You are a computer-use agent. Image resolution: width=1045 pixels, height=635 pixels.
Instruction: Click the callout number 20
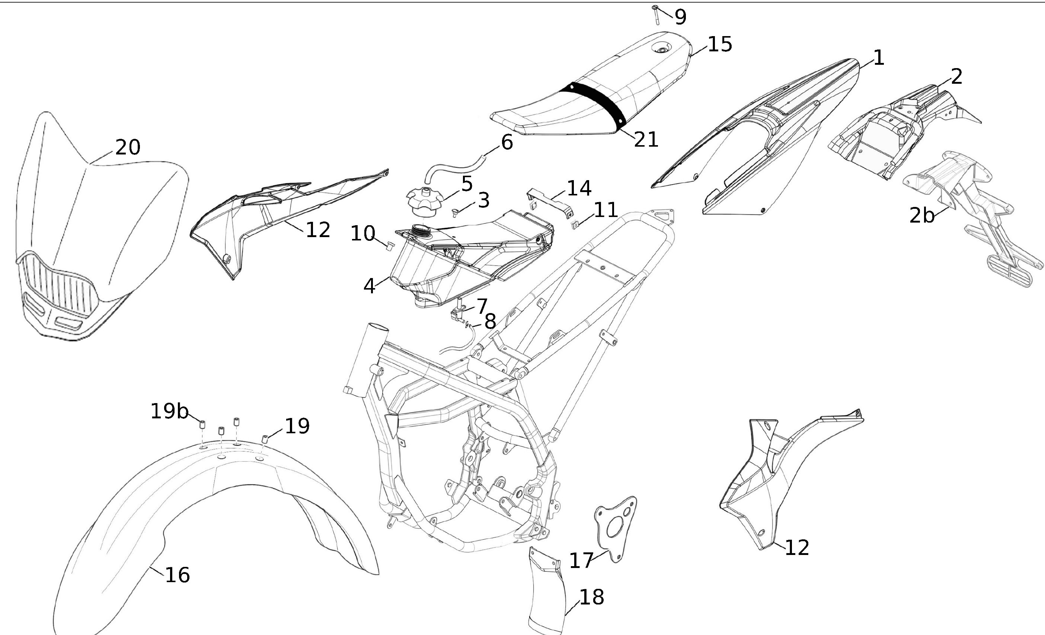pos(128,147)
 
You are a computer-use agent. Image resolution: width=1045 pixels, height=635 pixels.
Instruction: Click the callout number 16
pos(177,575)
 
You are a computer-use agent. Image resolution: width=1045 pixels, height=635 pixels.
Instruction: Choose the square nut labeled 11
pos(575,224)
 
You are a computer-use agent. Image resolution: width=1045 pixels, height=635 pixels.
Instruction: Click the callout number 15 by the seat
pos(720,44)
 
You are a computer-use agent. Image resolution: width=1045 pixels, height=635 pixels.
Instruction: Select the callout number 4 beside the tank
pos(369,286)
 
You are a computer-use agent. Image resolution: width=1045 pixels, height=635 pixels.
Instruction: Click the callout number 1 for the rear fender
pos(878,58)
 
